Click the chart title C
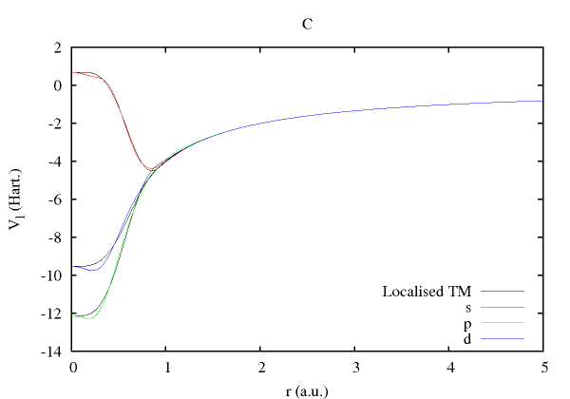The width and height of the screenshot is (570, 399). [307, 25]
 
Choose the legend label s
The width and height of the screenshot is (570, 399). [468, 307]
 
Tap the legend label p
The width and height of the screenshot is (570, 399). [468, 323]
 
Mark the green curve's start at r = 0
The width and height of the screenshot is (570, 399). [73, 315]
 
